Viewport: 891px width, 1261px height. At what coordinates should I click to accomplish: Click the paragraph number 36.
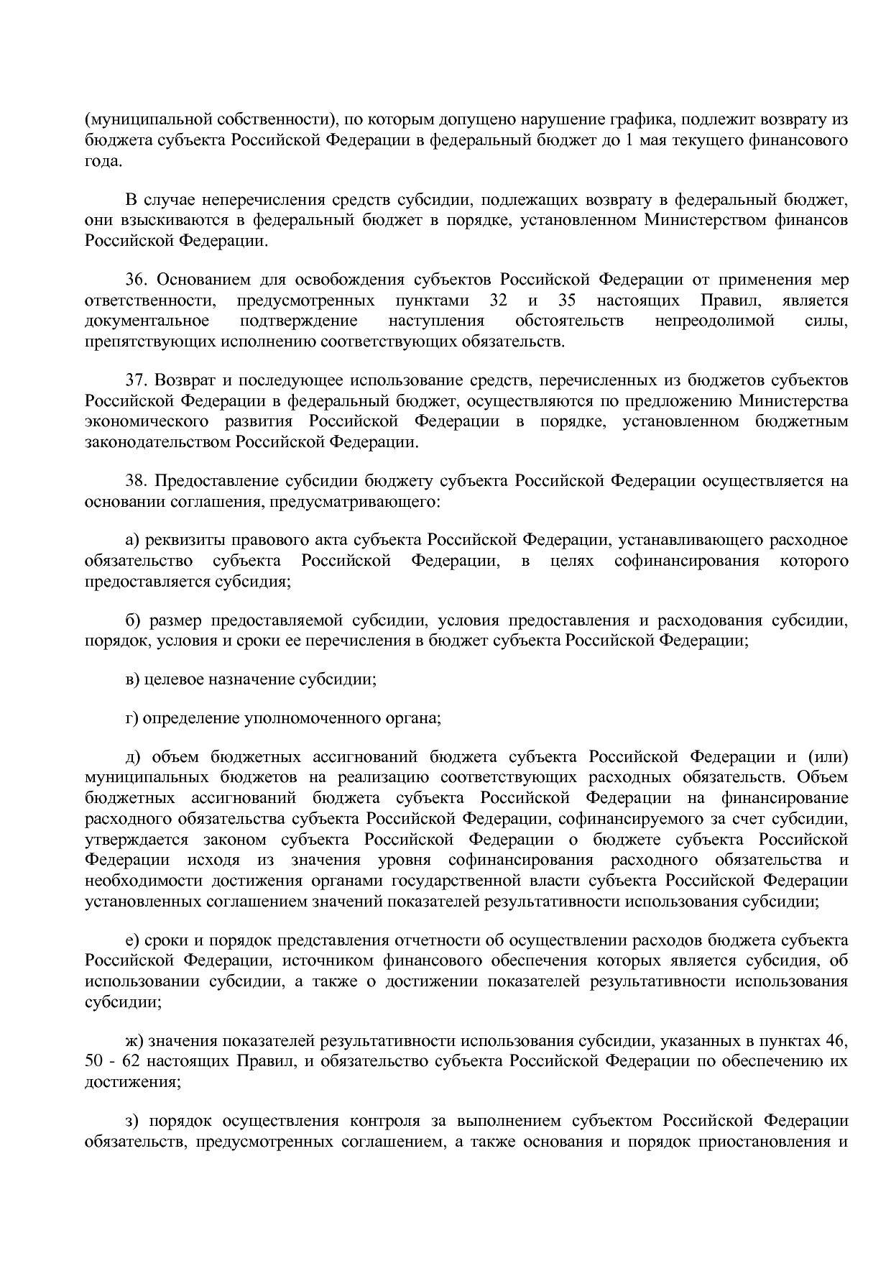pyautogui.click(x=137, y=280)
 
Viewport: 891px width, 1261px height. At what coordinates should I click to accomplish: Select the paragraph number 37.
pyautogui.click(x=137, y=380)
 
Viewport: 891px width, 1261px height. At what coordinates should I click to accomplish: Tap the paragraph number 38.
pyautogui.click(x=137, y=480)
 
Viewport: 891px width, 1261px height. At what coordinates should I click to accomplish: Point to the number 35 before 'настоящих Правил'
pyautogui.click(x=566, y=300)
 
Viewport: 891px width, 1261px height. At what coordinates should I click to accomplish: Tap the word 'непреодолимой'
pyautogui.click(x=714, y=321)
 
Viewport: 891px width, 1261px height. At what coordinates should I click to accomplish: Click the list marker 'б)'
pyautogui.click(x=131, y=620)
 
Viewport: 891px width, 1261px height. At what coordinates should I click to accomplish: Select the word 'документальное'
pyautogui.click(x=147, y=321)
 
